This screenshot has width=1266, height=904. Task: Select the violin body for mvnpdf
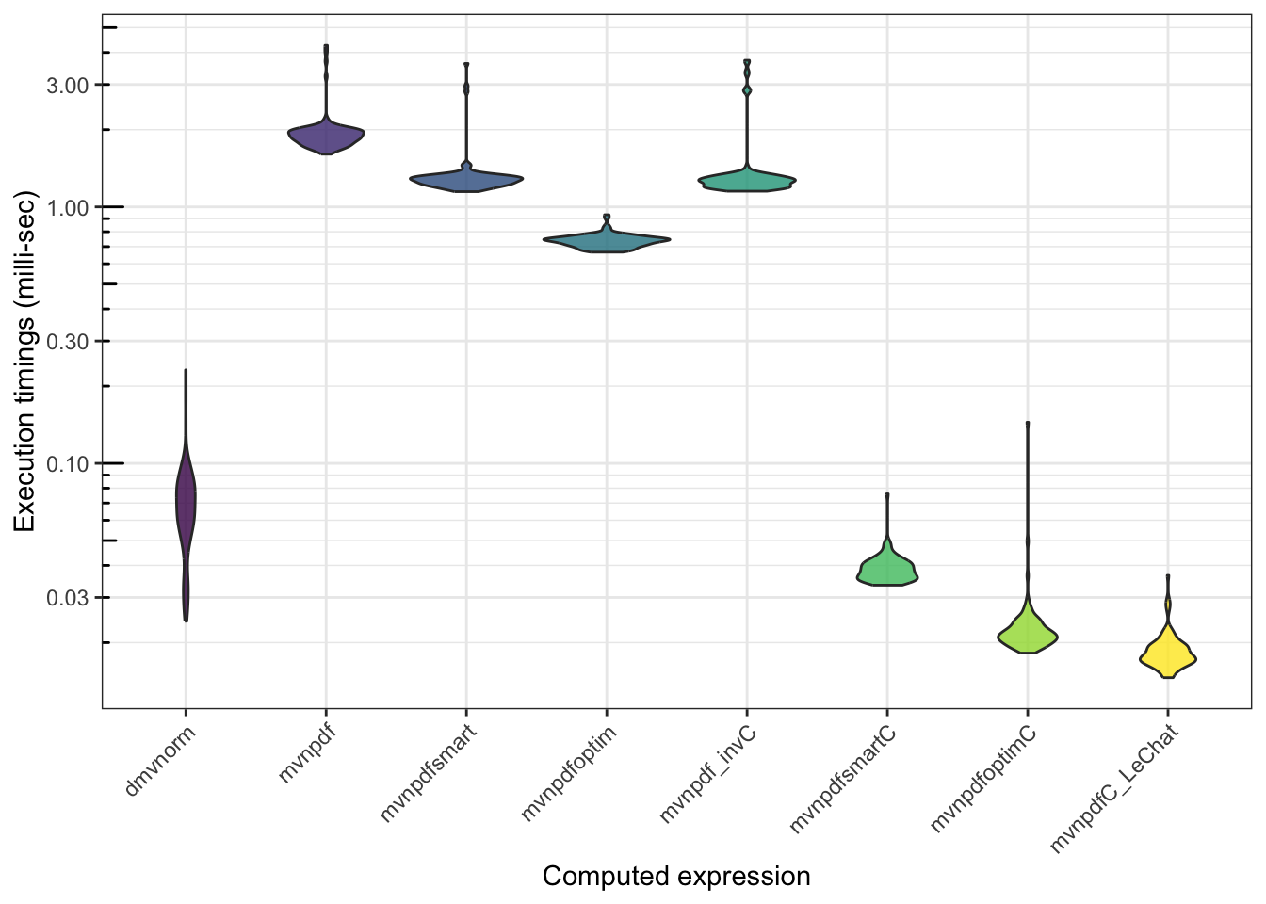tap(326, 137)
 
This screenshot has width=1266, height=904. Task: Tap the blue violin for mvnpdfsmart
tap(466, 180)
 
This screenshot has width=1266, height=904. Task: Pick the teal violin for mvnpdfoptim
tap(607, 242)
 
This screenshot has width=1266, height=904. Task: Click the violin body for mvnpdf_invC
tap(747, 181)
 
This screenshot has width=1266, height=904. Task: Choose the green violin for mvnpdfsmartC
tap(887, 569)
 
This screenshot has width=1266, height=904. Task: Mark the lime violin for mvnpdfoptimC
tap(1028, 636)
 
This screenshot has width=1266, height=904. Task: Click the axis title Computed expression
tap(676, 877)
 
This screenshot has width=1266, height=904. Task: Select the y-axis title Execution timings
tap(24, 363)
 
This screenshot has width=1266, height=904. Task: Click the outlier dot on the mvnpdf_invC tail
tap(747, 90)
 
